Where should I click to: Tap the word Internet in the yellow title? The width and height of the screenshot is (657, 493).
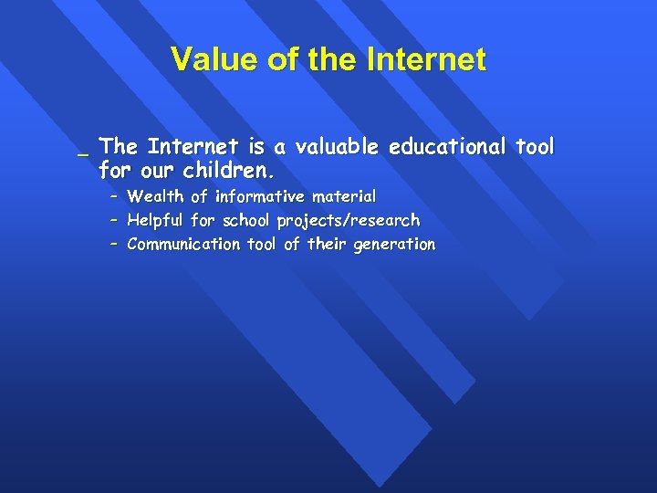tap(426, 60)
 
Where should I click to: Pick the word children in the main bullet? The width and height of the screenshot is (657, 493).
tap(226, 171)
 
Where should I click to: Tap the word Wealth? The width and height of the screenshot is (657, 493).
tap(156, 196)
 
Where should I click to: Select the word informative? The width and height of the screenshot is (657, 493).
tap(260, 196)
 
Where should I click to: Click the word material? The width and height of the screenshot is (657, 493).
tap(344, 196)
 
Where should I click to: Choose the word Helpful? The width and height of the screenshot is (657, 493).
tap(156, 220)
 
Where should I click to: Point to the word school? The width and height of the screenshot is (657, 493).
tap(247, 220)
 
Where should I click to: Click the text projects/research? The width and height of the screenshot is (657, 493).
tap(349, 220)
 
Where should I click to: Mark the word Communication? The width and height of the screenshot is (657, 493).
tap(183, 244)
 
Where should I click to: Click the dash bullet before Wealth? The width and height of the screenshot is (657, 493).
tap(114, 196)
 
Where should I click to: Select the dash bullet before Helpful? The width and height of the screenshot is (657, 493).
tap(114, 220)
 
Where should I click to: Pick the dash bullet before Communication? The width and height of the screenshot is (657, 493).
tap(114, 244)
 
